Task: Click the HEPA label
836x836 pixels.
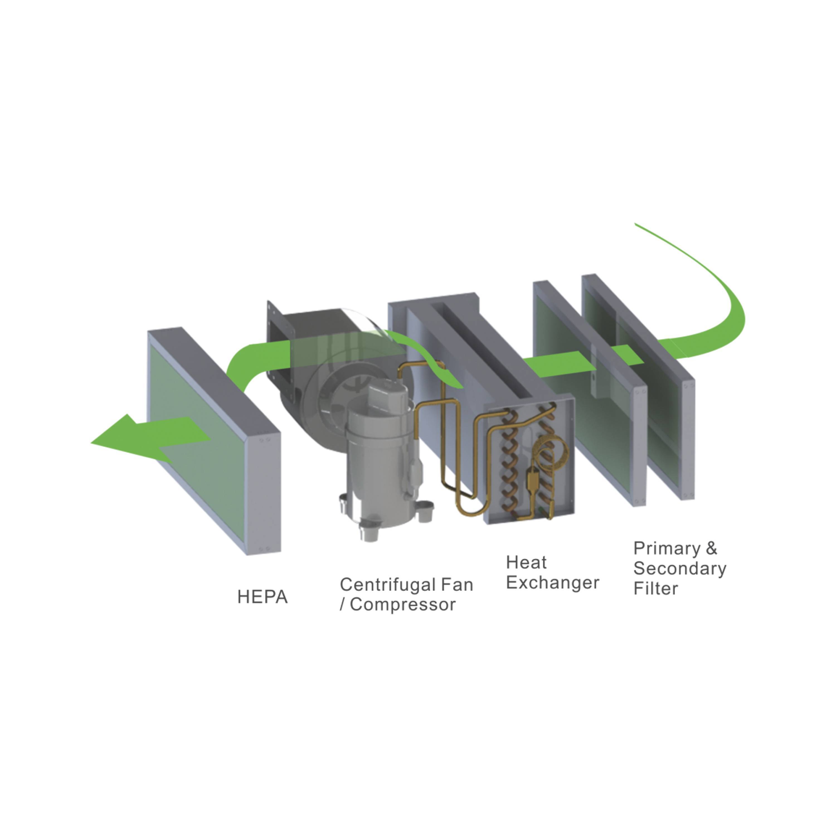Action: click(x=262, y=597)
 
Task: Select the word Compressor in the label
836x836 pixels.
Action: click(x=402, y=604)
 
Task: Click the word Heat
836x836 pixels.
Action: click(x=526, y=563)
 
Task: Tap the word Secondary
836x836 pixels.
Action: click(x=680, y=568)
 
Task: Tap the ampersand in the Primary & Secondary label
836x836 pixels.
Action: click(x=711, y=548)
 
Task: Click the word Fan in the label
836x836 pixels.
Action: click(x=457, y=585)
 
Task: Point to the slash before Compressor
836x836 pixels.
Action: click(x=342, y=604)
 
